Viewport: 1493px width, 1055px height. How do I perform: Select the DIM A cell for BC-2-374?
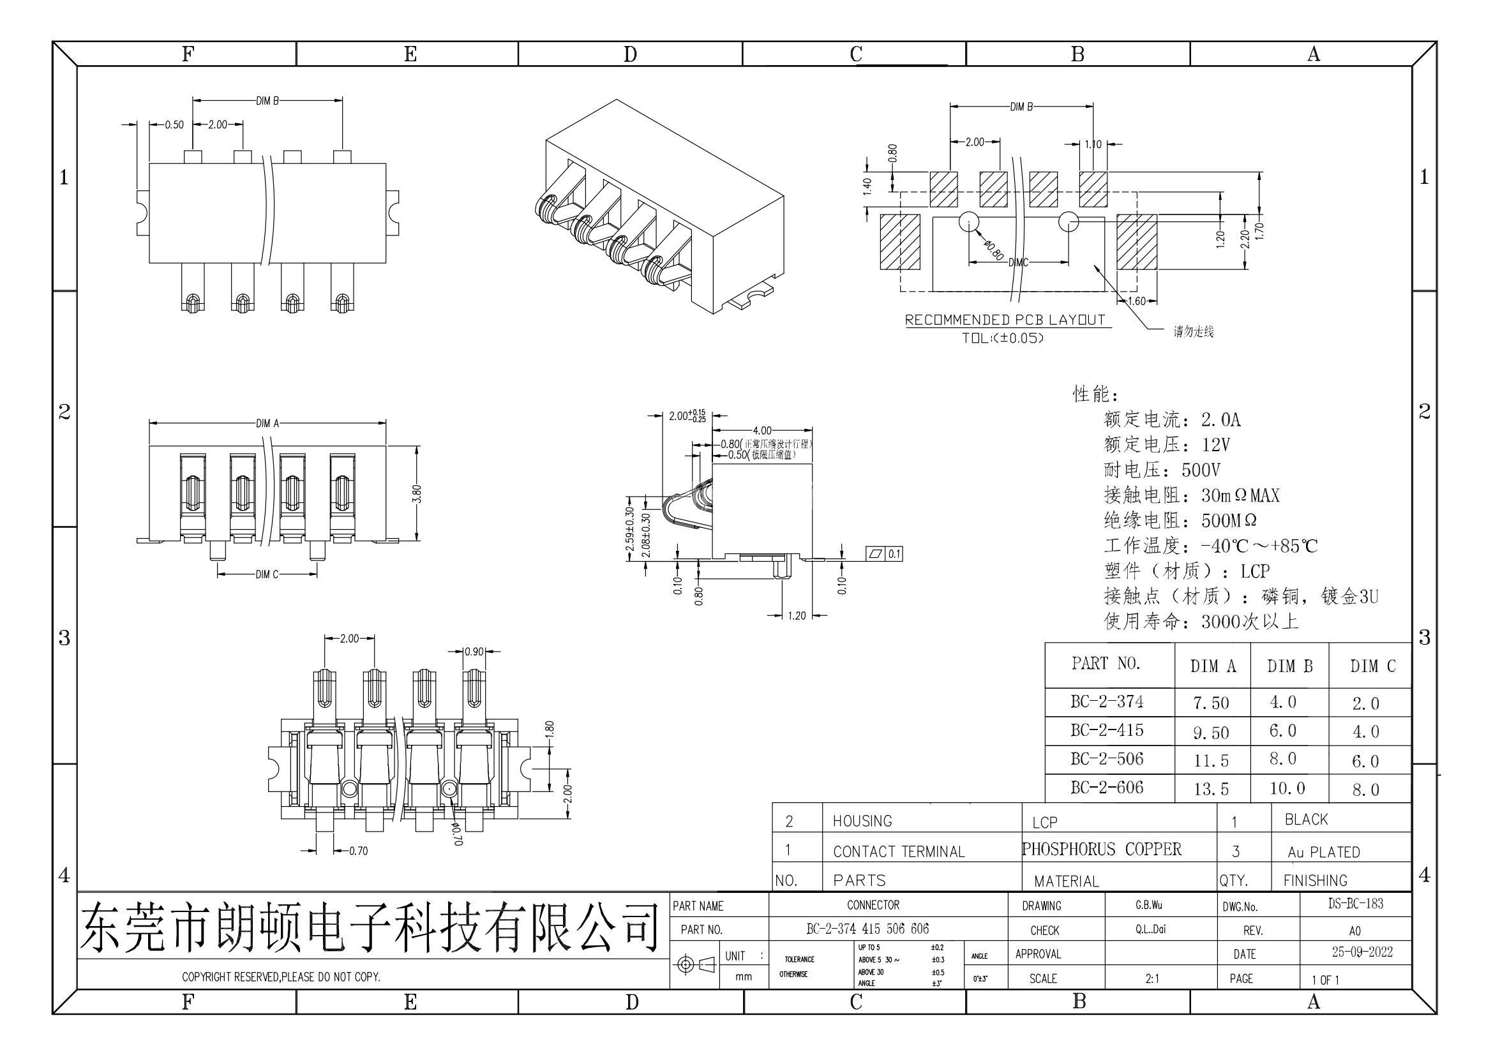click(1211, 703)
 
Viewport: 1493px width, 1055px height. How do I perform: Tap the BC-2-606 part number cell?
click(1107, 787)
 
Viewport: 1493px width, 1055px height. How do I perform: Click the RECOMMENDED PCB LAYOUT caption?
click(1005, 320)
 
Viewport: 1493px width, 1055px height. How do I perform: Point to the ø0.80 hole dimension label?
click(994, 250)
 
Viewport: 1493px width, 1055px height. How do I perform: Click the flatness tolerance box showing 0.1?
click(884, 554)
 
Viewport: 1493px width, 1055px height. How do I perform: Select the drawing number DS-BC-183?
click(1355, 904)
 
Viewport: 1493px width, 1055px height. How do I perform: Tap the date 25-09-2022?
click(1362, 952)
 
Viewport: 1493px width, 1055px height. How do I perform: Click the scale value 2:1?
click(1152, 978)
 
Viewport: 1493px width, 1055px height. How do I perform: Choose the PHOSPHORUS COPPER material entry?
click(1102, 849)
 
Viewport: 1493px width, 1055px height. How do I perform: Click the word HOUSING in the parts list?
click(862, 821)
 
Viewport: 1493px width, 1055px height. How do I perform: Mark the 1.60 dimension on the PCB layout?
click(1136, 301)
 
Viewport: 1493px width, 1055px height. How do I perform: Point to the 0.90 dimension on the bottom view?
click(475, 652)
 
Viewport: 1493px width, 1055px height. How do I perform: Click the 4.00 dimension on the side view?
click(762, 430)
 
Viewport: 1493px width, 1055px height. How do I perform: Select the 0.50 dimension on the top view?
click(174, 125)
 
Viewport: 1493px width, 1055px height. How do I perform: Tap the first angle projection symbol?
click(694, 964)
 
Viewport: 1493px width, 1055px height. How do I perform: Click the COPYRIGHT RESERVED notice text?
click(281, 976)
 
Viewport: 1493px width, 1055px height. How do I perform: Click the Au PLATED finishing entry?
click(1323, 851)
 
